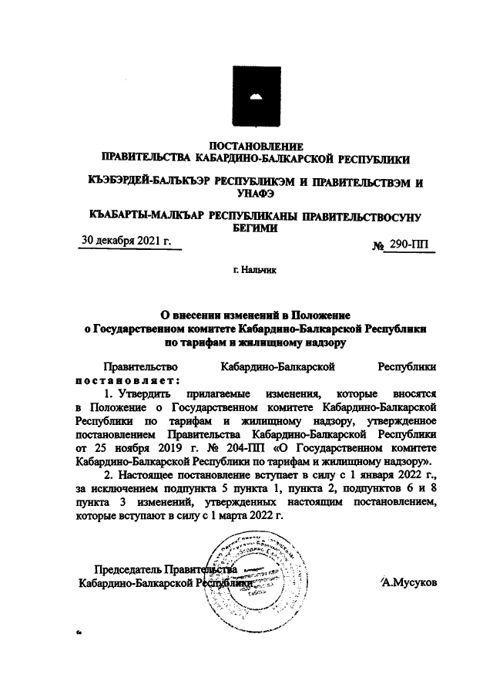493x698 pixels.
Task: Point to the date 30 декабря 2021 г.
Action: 126,241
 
